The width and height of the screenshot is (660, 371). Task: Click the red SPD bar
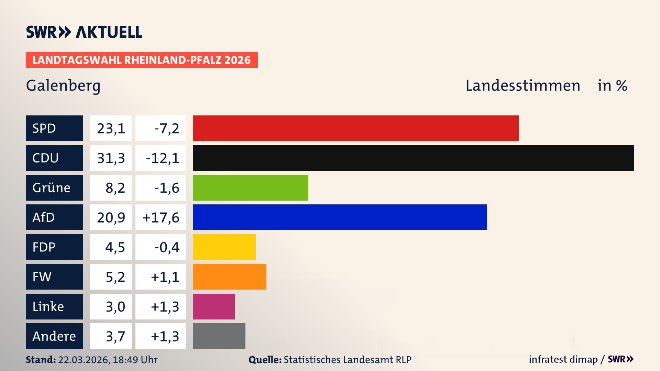(x=355, y=128)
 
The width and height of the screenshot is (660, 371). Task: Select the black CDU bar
(x=413, y=158)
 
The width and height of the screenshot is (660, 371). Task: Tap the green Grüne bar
(x=250, y=188)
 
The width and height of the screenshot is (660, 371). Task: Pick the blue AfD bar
(x=340, y=217)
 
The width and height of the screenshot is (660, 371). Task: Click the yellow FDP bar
(x=224, y=247)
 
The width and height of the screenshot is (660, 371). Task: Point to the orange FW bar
(x=229, y=277)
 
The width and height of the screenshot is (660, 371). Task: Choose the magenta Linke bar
(x=213, y=306)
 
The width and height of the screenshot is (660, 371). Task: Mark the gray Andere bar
(x=219, y=336)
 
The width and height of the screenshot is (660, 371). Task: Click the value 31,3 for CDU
(x=111, y=158)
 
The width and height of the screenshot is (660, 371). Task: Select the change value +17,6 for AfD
(x=161, y=217)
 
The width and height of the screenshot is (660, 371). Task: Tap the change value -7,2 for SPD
(x=166, y=128)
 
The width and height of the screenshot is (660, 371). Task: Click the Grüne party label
(x=52, y=188)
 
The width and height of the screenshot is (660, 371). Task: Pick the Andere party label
(x=54, y=336)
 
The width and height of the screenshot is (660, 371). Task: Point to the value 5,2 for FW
(x=115, y=277)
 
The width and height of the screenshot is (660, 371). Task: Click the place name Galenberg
(x=63, y=86)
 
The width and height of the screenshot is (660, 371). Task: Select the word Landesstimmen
(x=522, y=86)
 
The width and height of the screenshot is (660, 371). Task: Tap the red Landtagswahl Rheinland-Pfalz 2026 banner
(x=142, y=60)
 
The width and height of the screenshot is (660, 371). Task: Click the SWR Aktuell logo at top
(x=84, y=32)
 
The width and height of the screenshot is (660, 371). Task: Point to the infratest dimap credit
(x=563, y=359)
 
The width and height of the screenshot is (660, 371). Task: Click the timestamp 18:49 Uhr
(x=135, y=360)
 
